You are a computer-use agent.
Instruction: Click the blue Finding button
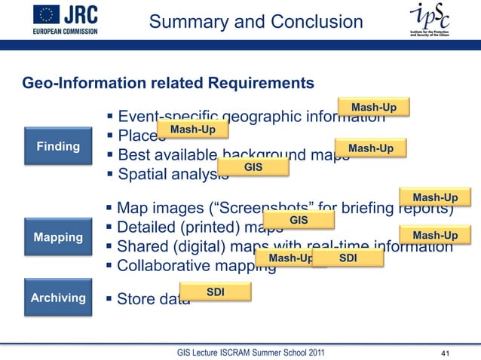tap(58, 146)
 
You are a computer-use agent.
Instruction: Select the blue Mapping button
tap(58, 237)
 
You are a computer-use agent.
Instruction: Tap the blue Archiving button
tap(58, 297)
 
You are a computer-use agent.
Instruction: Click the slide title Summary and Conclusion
tap(256, 23)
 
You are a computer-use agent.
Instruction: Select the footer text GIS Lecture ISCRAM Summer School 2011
tap(252, 351)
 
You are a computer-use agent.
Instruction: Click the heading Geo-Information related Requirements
tap(168, 81)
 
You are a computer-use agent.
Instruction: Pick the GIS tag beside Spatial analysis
tap(253, 166)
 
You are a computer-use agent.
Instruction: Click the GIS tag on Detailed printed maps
tap(299, 220)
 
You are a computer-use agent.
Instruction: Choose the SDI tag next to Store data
tap(215, 291)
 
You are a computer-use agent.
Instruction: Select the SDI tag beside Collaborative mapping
tap(348, 258)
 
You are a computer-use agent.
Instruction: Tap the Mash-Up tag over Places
tap(192, 130)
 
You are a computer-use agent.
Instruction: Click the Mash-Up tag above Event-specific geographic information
tap(374, 108)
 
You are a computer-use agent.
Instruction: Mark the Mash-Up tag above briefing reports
tap(435, 197)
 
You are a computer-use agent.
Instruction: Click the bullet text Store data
tap(148, 299)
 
